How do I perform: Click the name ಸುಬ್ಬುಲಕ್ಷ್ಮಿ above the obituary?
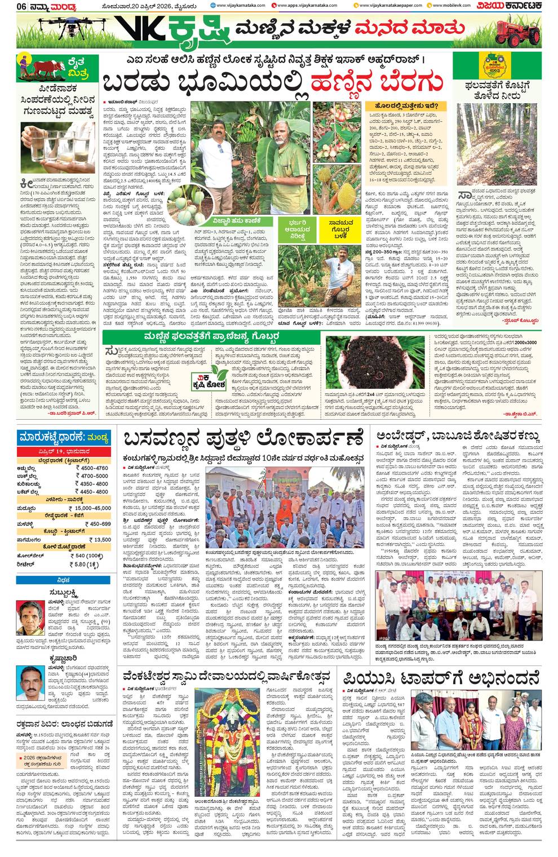52,593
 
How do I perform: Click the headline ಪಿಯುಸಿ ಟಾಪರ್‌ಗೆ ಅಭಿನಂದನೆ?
440,676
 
